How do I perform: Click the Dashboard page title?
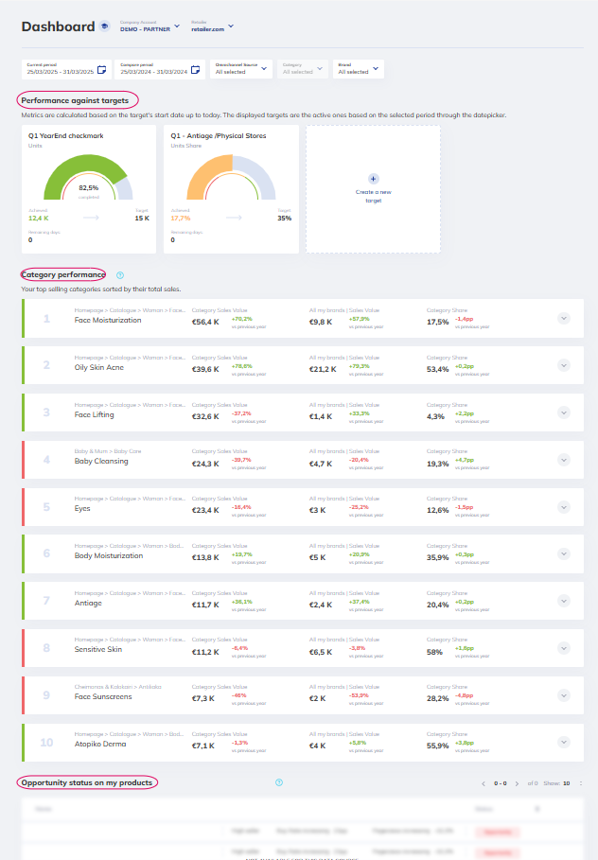[58, 26]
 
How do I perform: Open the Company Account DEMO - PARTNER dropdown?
[149, 27]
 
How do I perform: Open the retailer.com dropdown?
[212, 27]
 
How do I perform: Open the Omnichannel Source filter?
[241, 68]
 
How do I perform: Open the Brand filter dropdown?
[360, 68]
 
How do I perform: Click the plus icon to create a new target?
[373, 178]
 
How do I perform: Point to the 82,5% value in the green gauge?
[88, 187]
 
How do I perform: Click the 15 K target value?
[142, 219]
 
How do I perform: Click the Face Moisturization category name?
[108, 321]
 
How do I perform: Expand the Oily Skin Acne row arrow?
[564, 365]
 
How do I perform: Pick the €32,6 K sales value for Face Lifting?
[205, 416]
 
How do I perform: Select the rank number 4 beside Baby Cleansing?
[46, 460]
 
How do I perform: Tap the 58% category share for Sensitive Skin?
[435, 652]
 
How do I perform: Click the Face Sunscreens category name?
[103, 697]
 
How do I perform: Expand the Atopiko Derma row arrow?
[564, 743]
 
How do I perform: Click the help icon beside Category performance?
[120, 275]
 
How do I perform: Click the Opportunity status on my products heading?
[87, 782]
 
